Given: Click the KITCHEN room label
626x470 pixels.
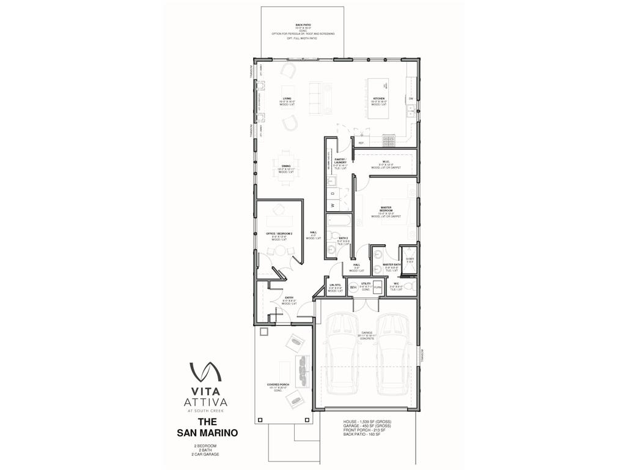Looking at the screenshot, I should click(x=379, y=99).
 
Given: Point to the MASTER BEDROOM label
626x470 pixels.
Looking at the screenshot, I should click(x=386, y=210).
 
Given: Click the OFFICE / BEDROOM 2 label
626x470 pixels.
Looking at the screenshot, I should click(x=275, y=234).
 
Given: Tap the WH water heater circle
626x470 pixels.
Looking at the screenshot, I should click(x=353, y=286).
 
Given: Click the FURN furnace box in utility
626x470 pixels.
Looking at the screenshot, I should click(x=377, y=286).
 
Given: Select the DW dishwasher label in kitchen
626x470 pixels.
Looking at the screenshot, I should click(x=411, y=99).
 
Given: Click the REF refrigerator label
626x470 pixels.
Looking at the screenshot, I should click(x=361, y=143).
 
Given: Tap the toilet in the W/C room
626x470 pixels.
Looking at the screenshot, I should click(x=408, y=286).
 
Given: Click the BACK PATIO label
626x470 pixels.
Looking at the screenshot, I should click(x=304, y=25).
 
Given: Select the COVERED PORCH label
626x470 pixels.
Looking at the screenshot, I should click(x=278, y=385).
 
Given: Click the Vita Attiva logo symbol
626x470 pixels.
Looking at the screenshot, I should click(x=205, y=371).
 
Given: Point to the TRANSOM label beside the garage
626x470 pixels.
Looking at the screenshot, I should click(x=421, y=355).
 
